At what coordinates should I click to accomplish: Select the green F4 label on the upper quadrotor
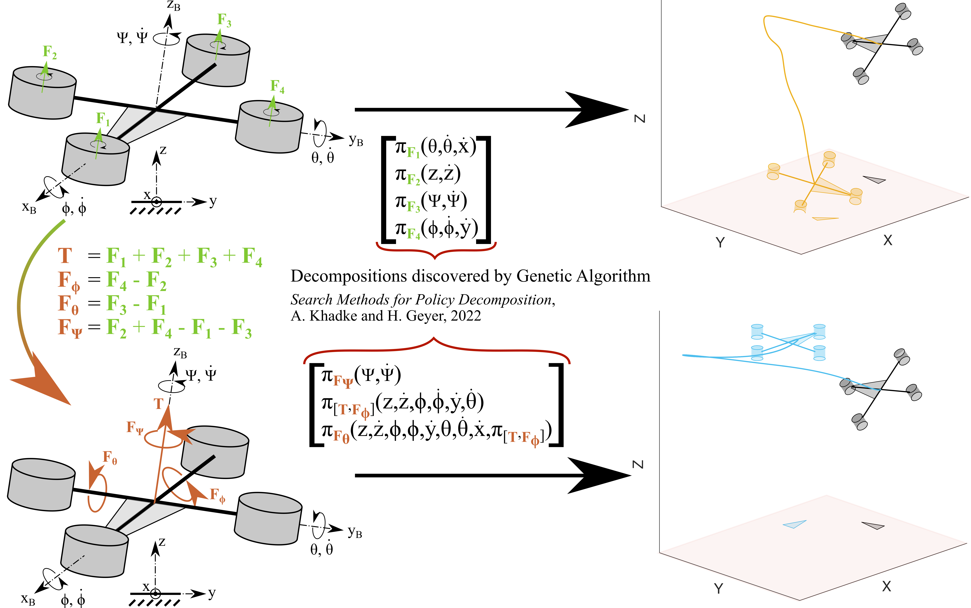pos(277,86)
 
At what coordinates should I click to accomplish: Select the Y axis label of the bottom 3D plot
pos(719,589)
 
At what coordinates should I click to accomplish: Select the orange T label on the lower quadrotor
pos(158,404)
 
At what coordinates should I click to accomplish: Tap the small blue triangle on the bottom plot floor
pos(794,524)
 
